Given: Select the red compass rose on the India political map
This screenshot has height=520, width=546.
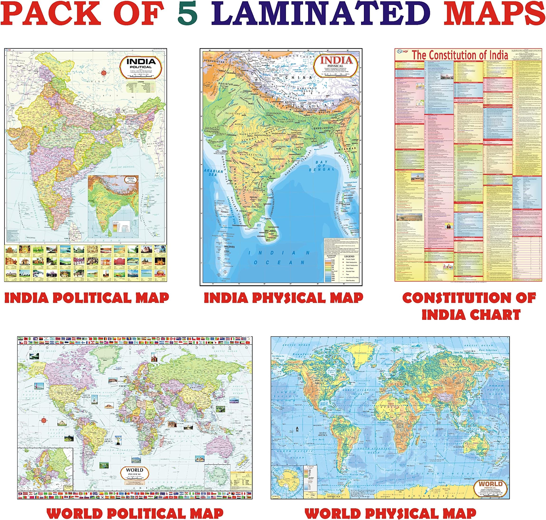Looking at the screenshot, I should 104,73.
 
